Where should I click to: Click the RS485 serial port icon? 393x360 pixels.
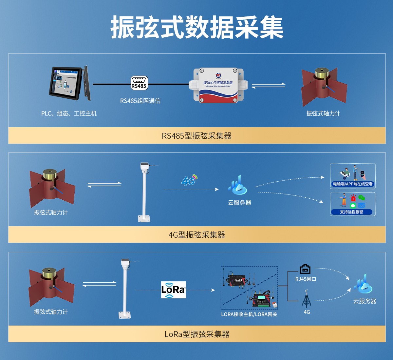point(139,83)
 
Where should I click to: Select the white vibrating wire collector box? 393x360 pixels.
point(218,85)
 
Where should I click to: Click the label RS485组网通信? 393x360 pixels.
point(140,101)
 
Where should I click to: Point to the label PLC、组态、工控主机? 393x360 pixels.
point(69,113)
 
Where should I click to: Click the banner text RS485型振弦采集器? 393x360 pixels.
point(196,136)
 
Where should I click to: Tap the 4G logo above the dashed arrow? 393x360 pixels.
point(189,180)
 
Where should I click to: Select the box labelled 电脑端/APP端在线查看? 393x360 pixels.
point(353,176)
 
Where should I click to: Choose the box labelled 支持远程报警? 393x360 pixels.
point(353,204)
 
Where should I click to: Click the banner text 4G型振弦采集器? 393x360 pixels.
point(196,235)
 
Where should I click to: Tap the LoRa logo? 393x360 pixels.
point(173,290)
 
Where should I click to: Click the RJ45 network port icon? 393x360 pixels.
point(305,269)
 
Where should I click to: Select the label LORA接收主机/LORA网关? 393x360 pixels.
point(249,314)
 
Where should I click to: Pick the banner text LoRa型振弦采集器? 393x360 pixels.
point(196,334)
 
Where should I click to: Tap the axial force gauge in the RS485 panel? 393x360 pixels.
point(324,87)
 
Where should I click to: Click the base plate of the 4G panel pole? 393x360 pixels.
point(144,218)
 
